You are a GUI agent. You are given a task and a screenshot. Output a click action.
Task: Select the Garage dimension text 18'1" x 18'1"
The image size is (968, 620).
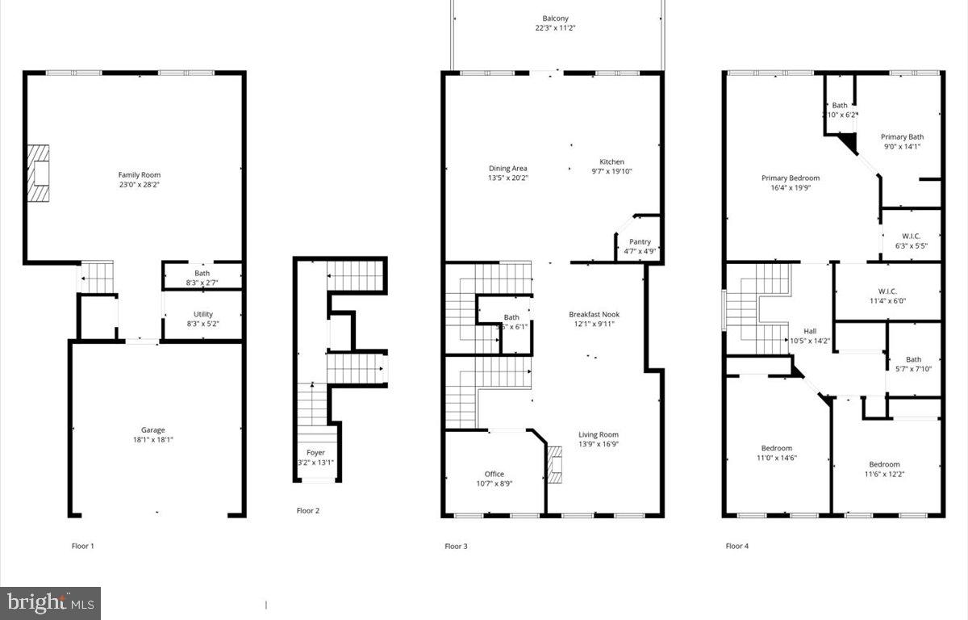pos(153,440)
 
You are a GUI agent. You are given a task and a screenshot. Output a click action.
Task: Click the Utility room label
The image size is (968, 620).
pos(203,314)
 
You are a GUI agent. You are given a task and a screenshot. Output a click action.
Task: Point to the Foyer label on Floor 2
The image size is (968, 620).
pos(315,453)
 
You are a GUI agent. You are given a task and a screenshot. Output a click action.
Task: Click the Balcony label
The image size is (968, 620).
pos(556,18)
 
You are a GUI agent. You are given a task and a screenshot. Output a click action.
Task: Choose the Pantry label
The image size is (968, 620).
pos(640,241)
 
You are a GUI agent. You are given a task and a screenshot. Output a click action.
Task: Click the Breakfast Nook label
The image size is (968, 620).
pos(594,314)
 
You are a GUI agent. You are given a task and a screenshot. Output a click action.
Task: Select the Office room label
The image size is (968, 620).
pos(494,474)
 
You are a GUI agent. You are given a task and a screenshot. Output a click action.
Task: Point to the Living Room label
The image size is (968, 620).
pos(599,434)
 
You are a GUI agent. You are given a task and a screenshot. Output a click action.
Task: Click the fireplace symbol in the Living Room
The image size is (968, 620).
pos(554,466)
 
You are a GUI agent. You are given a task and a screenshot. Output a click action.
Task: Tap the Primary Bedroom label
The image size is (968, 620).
pos(791,178)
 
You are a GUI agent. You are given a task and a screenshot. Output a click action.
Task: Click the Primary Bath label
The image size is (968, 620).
pos(902,136)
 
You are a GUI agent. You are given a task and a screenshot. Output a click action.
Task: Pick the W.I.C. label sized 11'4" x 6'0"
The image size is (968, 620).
pos(882,291)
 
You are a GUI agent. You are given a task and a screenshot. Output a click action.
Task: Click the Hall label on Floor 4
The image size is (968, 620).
pos(810,331)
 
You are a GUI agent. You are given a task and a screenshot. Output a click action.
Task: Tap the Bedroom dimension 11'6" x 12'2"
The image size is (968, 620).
pos(884,474)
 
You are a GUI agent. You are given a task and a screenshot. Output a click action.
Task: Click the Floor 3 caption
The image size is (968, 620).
pos(456,547)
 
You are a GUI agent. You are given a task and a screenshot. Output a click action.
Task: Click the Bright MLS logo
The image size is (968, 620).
pos(50,602)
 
